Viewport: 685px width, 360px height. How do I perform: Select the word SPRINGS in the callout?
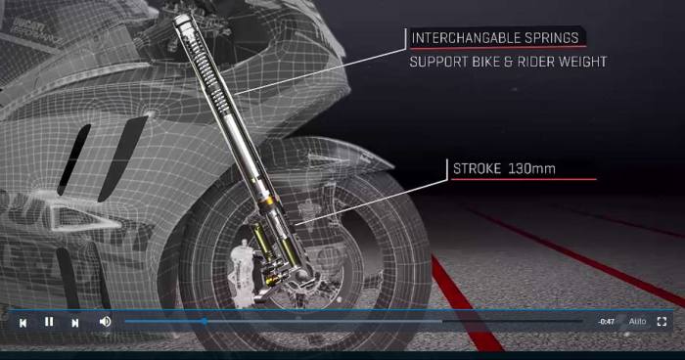[553, 39]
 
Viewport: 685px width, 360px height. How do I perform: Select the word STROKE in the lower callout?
[476, 169]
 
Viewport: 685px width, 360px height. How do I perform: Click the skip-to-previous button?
[23, 321]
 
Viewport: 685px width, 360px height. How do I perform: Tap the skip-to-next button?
[75, 321]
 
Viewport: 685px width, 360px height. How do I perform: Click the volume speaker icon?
[105, 321]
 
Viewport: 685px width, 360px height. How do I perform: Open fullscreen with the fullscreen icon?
[662, 321]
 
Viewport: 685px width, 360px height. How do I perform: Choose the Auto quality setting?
[637, 321]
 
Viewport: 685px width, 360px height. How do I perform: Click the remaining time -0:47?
[607, 321]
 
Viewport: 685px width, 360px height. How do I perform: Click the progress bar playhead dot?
[204, 321]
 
